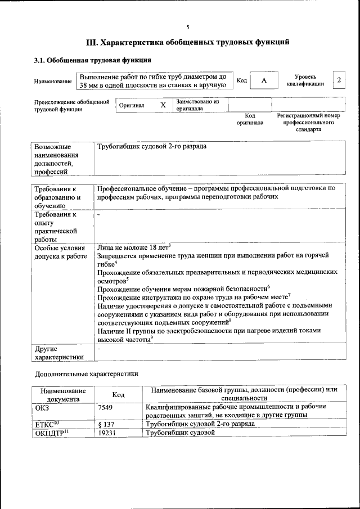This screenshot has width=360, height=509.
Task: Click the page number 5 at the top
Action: (188, 27)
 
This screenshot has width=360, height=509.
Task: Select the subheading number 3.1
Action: (40, 60)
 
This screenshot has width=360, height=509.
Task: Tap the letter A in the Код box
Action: (263, 80)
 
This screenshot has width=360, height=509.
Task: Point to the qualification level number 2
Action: (339, 80)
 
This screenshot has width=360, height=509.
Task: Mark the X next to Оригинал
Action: (163, 105)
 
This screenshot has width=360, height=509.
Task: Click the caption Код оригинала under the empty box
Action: (250, 119)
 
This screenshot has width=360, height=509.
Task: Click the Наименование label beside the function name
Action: (53, 82)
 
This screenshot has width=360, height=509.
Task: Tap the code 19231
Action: (107, 433)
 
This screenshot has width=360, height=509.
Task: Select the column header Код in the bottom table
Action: (118, 395)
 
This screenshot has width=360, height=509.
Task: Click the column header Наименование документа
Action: (63, 395)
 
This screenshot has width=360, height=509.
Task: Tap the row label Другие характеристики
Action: (60, 353)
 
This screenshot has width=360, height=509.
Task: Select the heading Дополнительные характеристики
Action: (86, 373)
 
